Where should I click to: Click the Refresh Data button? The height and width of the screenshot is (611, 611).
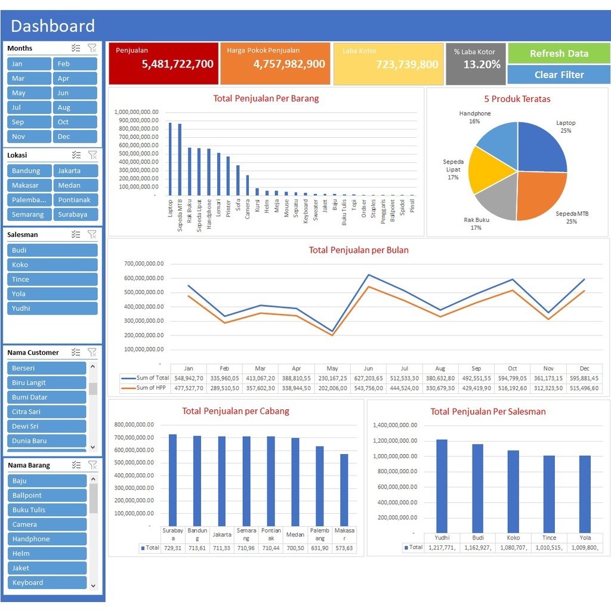coord(558,53)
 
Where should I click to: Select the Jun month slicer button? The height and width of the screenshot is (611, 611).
coord(75,93)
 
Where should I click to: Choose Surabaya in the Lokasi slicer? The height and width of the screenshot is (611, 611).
coord(75,214)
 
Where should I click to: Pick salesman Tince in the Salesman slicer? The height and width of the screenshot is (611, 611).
coord(53,279)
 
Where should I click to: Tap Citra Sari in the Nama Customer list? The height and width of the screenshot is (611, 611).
coord(47,412)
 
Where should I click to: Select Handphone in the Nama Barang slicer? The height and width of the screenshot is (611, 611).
coord(47,539)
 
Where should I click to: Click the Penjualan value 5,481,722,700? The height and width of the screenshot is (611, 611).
coord(177,64)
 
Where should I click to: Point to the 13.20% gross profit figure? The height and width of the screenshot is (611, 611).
coord(482,64)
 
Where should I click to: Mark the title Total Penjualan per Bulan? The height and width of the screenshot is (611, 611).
coord(359,250)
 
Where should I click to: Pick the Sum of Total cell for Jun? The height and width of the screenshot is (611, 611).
coord(368,378)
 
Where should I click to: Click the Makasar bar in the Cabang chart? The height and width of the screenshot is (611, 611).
coord(344,489)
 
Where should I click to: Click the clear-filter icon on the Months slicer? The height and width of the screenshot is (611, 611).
coord(92,48)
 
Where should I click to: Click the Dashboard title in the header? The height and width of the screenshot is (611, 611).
coord(53,26)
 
